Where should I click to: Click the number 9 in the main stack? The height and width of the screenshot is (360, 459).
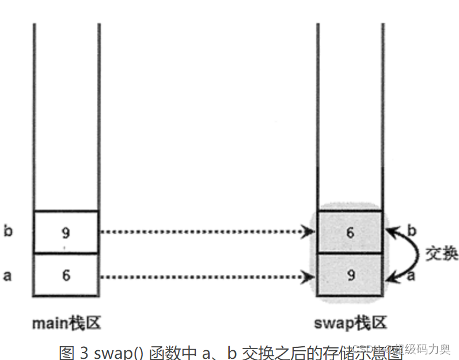click(x=66, y=233)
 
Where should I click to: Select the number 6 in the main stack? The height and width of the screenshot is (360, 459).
click(x=66, y=275)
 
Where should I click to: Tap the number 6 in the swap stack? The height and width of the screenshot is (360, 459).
click(x=350, y=233)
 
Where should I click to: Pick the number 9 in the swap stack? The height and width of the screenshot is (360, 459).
click(x=350, y=275)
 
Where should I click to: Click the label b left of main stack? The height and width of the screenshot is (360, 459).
click(x=7, y=232)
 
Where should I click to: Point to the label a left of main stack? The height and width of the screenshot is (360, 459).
click(x=7, y=275)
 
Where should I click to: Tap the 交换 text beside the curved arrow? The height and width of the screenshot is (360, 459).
click(x=442, y=253)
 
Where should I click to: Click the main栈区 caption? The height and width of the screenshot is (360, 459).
click(x=66, y=323)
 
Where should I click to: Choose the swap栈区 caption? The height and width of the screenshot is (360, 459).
click(x=350, y=323)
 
